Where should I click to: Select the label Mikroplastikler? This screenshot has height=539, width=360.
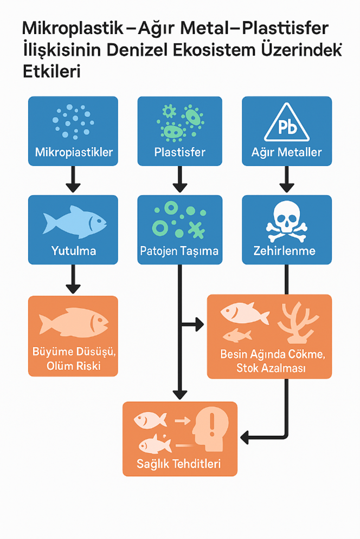(73, 152)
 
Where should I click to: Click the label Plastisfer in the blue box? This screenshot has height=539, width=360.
(179, 152)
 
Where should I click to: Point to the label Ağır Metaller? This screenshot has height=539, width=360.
(287, 152)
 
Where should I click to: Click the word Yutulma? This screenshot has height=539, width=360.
(73, 251)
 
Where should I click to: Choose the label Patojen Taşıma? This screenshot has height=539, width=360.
(179, 251)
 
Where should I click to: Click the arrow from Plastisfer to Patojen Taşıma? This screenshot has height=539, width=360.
(179, 179)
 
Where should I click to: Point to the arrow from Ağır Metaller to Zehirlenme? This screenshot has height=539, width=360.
(286, 179)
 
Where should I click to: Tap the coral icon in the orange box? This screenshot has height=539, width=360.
(298, 323)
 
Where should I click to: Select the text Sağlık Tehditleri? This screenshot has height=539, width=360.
(179, 464)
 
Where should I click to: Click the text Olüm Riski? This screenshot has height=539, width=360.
(74, 367)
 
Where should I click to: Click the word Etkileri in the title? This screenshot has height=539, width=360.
(52, 72)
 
